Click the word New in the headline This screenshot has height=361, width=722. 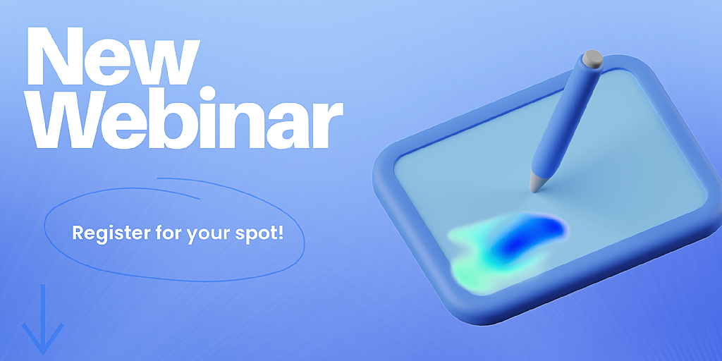[x=114, y=56]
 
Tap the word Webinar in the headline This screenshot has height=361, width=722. [x=184, y=118]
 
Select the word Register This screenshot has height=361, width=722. [x=111, y=233]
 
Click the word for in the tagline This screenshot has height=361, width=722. [x=168, y=233]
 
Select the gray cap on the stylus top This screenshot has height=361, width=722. [x=592, y=59]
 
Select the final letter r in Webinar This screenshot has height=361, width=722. [x=327, y=126]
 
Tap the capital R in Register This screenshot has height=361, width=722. [x=78, y=233]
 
